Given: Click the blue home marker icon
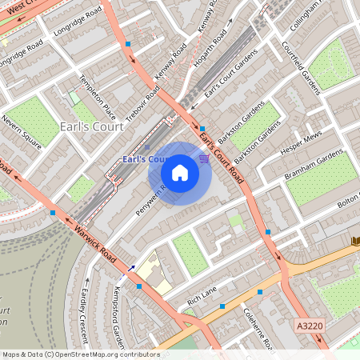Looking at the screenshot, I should [180, 173].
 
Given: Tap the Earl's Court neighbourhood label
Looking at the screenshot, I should [91, 126].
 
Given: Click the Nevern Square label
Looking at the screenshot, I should [21, 133].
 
